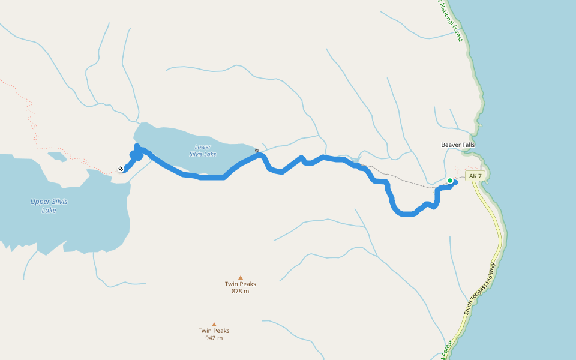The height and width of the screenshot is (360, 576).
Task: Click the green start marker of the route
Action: (x=450, y=180)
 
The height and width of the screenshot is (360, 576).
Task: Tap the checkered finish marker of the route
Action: (x=121, y=169)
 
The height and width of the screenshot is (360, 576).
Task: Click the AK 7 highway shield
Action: (x=475, y=176)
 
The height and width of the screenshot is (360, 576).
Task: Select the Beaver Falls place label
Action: (x=458, y=145)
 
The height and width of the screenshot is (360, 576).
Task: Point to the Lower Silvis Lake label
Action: (x=203, y=151)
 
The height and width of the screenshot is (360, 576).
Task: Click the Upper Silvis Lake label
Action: (x=49, y=206)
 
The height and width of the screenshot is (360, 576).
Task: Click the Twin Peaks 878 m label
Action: (x=241, y=287)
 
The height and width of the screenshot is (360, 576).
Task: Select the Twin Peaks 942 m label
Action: (x=214, y=334)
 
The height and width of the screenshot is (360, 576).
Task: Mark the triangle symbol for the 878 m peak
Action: (x=241, y=278)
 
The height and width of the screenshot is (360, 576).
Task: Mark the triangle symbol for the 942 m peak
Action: (x=214, y=325)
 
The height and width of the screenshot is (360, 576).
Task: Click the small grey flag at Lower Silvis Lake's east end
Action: (x=257, y=151)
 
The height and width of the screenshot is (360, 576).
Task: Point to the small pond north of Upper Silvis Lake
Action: (x=56, y=157)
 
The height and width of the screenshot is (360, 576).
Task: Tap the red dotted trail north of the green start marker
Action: (x=462, y=169)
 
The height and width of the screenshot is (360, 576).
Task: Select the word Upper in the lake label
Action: (x=40, y=202)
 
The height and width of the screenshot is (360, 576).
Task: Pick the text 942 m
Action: (x=214, y=338)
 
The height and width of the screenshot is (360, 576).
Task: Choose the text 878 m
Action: (x=241, y=291)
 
